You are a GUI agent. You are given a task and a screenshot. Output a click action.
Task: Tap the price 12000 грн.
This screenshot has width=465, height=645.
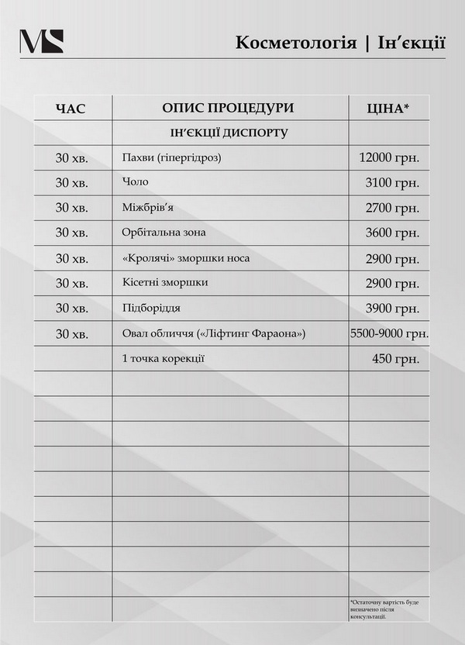[389, 158]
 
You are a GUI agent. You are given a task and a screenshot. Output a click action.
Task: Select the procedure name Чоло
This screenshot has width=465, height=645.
[135, 182]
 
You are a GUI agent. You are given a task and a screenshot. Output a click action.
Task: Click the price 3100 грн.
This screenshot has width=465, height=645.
[392, 183]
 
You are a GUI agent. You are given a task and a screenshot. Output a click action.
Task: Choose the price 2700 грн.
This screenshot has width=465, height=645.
[392, 208]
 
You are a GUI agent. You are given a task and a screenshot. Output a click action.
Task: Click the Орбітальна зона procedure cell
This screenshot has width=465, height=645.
[164, 232]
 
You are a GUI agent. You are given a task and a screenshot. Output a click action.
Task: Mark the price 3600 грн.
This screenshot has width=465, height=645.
[392, 233]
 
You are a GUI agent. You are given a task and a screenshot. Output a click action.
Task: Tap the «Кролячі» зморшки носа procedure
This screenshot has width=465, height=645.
[186, 257]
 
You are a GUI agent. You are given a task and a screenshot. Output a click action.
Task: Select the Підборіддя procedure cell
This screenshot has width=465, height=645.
[151, 308]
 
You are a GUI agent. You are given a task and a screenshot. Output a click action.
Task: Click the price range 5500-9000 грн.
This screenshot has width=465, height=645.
[390, 333]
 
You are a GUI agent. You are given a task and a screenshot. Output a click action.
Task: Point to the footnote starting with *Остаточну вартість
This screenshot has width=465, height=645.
[386, 609]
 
